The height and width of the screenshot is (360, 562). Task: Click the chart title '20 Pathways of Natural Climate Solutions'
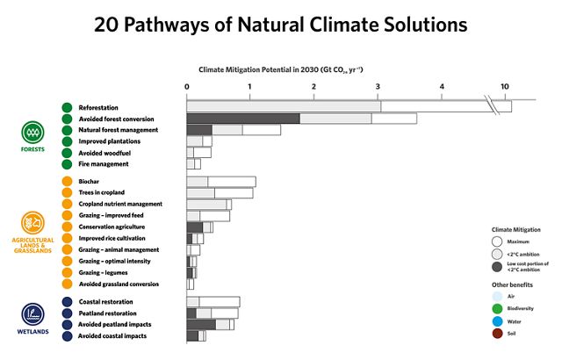point(280,25)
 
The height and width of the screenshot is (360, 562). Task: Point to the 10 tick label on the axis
point(505,86)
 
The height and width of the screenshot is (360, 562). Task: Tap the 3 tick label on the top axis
point(378,86)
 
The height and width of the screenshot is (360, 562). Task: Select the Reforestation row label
point(98,107)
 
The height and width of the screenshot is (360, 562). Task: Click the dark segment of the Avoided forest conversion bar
point(243,119)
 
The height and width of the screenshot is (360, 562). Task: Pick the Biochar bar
point(220,181)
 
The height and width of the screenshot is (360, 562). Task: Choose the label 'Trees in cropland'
point(101,192)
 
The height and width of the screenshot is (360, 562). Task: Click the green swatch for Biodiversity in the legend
point(497,308)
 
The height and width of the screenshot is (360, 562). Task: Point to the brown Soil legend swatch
point(497,333)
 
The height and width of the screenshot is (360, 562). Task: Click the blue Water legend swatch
point(497,320)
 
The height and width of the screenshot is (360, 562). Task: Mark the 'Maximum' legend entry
point(497,241)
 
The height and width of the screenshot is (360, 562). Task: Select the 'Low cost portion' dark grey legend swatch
point(497,267)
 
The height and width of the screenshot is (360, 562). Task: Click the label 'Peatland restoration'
point(107,313)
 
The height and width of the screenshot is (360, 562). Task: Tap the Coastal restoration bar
point(213,301)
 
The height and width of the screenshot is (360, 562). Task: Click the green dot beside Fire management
point(67,164)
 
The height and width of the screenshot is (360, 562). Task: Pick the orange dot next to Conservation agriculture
point(67,227)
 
